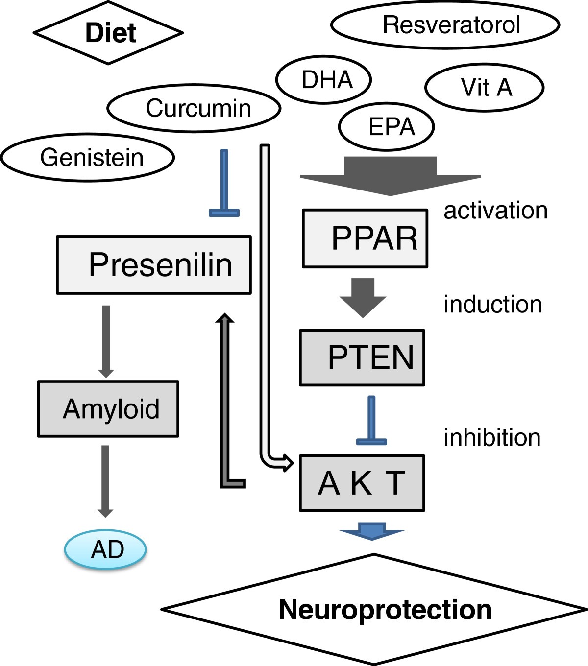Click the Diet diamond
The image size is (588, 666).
point(108,33)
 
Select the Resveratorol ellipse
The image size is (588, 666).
point(445,25)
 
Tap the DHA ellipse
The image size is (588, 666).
point(323,80)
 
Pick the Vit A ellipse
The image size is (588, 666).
point(484,88)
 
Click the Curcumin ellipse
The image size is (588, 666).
point(194,108)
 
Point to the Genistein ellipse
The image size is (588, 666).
point(88,158)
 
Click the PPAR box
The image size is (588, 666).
point(365,238)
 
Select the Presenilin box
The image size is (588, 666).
point(154,265)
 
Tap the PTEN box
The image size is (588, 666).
point(362,357)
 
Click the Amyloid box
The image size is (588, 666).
point(108,409)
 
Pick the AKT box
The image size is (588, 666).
point(362,483)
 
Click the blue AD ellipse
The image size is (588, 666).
point(105,549)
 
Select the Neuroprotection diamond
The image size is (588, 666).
point(374,609)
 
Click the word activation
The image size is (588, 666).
point(495,211)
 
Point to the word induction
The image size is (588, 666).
point(492,305)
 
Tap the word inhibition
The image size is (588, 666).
point(492,437)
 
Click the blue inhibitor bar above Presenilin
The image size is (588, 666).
point(224,184)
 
